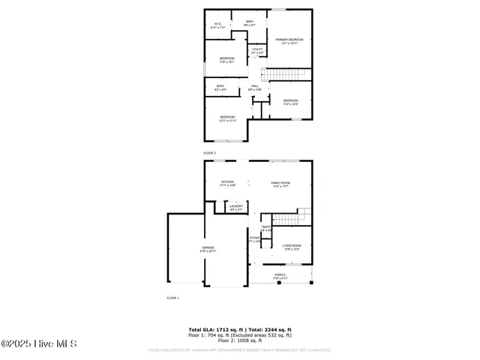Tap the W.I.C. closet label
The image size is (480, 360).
(217, 25)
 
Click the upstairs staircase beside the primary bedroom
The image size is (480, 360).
(286, 73)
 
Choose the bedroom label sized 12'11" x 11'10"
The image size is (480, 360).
(227, 118)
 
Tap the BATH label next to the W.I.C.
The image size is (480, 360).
(250, 23)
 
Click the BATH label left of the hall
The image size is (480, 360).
(220, 88)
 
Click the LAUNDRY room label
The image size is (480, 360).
(236, 208)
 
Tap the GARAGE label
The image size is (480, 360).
(208, 249)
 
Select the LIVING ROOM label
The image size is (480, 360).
(292, 247)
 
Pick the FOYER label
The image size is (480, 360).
(254, 239)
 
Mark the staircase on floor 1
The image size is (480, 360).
(286, 218)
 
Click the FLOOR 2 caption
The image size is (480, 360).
(209, 153)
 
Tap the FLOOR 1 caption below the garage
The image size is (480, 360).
(172, 298)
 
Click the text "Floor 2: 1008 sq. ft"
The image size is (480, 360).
(240, 340)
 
